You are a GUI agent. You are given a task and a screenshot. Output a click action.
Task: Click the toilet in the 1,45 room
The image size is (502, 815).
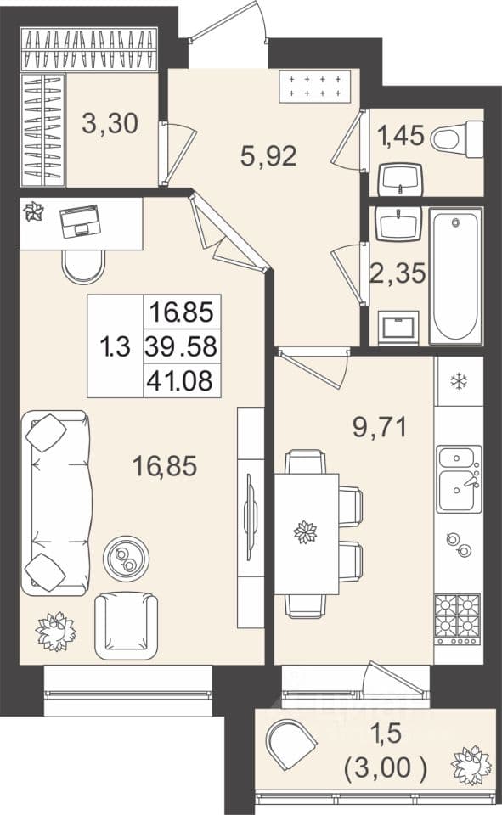pyautogui.click(x=458, y=138)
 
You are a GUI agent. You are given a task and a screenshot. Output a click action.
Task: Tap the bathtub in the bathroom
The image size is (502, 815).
pyautogui.click(x=455, y=276)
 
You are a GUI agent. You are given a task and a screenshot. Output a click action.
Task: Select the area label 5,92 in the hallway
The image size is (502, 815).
pyautogui.click(x=268, y=156)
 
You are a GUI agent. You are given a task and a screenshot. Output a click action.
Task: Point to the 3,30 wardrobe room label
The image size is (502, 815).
pyautogui.click(x=110, y=124)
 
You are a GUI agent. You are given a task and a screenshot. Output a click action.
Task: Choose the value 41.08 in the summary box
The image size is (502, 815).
pyautogui.click(x=180, y=381)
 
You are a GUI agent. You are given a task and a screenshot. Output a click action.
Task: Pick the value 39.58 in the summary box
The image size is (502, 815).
pyautogui.click(x=181, y=346)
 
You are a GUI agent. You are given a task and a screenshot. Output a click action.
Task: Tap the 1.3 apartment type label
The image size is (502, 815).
pyautogui.click(x=116, y=346)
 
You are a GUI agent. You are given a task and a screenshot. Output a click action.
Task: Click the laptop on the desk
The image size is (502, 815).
pyautogui.click(x=79, y=221)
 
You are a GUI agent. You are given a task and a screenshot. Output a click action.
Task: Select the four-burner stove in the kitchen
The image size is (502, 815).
pyautogui.click(x=458, y=620)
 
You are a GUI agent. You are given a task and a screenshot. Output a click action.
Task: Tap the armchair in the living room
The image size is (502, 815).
pyautogui.click(x=127, y=627)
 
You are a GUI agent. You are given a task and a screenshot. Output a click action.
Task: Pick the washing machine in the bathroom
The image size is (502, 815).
pyautogui.click(x=398, y=328)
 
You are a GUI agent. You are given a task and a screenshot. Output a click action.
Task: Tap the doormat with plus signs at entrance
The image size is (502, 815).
pyautogui.click(x=315, y=87)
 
